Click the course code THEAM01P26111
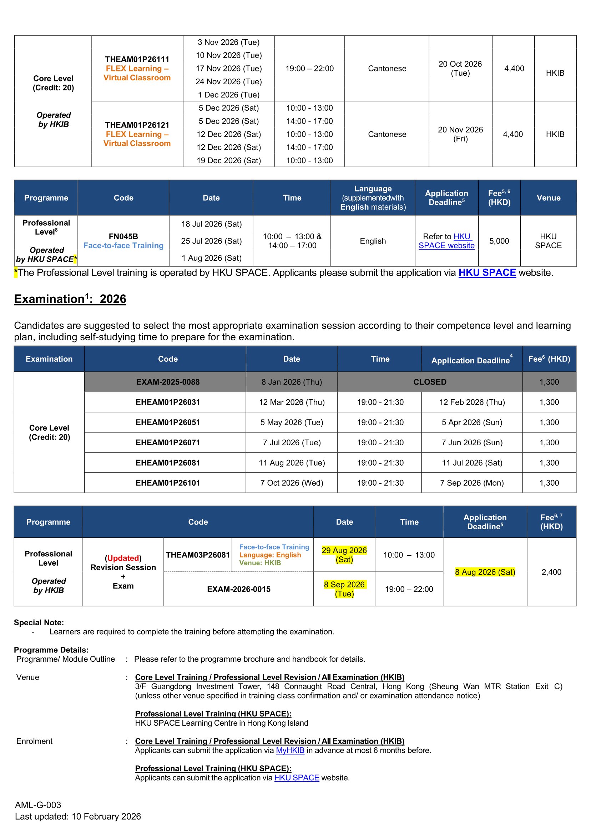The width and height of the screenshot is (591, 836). coord(137,59)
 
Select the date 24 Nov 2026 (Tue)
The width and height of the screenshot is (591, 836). coord(228,81)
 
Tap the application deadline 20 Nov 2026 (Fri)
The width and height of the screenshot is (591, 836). coord(460,134)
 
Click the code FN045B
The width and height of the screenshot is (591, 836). coord(123,236)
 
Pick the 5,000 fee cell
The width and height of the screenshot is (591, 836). coord(499,241)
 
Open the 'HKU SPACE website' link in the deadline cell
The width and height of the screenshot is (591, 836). coord(446,241)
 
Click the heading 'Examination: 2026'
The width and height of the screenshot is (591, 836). coord(70,299)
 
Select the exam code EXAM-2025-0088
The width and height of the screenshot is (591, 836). coord(168,382)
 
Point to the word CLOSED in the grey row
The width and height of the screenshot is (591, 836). coord(429,382)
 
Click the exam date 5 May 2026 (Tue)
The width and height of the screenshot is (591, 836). coord(292,422)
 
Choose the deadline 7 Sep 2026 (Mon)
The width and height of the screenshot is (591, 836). coord(472,483)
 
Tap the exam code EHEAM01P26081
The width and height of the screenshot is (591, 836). coord(168,463)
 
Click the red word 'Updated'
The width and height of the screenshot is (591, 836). coord(123,558)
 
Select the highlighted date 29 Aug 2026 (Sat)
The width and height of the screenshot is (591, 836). coord(344,555)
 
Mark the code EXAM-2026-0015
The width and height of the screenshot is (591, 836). coord(239,589)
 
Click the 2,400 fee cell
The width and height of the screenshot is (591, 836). coord(551,572)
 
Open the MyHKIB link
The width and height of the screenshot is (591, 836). coord(290,750)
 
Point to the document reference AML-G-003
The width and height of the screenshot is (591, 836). coord(38,805)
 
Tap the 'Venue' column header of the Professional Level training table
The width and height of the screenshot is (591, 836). coord(549,198)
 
